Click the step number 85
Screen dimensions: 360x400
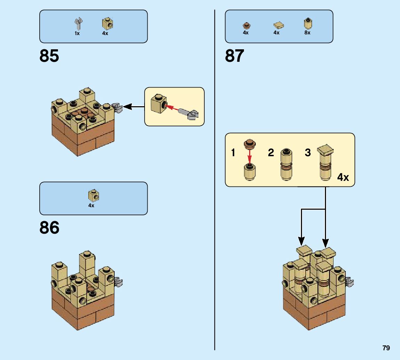point(49,56)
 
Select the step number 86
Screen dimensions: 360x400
point(49,228)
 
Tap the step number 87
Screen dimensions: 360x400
point(235,56)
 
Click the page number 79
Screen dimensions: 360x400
point(386,348)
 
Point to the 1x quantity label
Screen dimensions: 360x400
point(77,33)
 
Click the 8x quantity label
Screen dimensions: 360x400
point(307,33)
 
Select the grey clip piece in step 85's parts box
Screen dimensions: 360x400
point(78,24)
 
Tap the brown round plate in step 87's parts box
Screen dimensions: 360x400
point(246,25)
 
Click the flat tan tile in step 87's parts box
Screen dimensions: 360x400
point(278,25)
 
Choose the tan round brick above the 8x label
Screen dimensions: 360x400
point(308,23)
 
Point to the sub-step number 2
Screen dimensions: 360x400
point(271,152)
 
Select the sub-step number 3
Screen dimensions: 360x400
point(308,152)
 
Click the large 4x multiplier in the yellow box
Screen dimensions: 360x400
point(343,177)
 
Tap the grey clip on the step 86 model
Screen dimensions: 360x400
point(119,282)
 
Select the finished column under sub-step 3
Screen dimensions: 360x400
point(326,163)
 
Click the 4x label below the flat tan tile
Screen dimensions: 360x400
point(276,33)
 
